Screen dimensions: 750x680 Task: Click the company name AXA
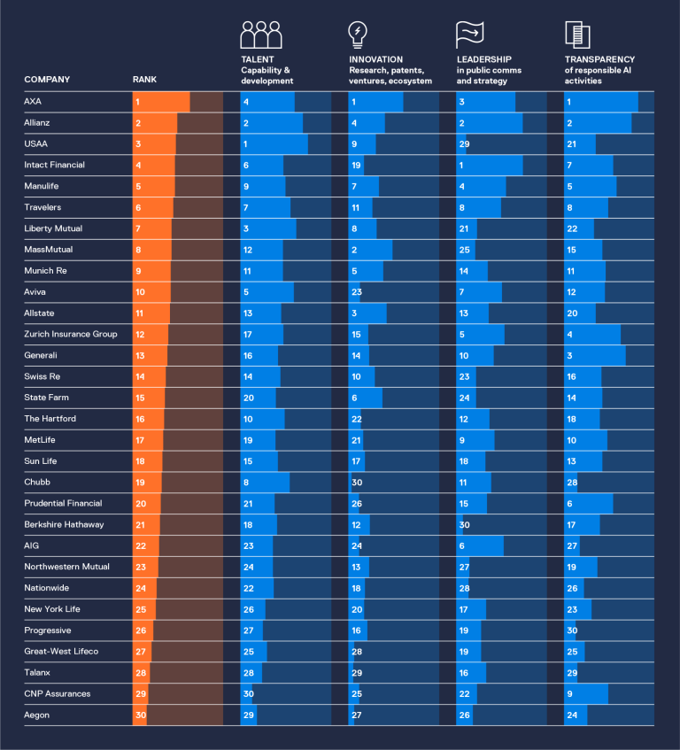point(33,102)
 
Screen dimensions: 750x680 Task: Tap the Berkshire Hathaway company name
point(65,524)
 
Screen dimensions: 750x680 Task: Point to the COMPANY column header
point(47,80)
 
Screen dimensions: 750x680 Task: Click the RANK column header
point(144,80)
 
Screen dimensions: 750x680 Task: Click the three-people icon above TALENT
point(261,35)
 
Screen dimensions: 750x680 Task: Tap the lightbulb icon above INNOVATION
point(357,35)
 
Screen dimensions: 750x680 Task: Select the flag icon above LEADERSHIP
point(469,35)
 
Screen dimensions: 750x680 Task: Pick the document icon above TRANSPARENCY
point(577,35)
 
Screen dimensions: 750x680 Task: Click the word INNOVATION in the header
point(375,59)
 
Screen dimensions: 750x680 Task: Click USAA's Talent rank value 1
point(245,144)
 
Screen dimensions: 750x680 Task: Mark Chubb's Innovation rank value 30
point(357,483)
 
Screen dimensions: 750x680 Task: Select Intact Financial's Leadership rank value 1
point(461,166)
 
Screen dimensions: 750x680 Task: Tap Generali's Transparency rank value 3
point(569,356)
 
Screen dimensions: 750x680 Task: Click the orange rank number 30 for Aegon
point(140,715)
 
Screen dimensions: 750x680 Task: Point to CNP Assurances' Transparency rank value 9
point(569,694)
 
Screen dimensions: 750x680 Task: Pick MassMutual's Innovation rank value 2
point(353,251)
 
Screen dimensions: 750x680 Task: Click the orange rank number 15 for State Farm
point(140,398)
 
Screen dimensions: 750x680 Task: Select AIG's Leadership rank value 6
point(461,546)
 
